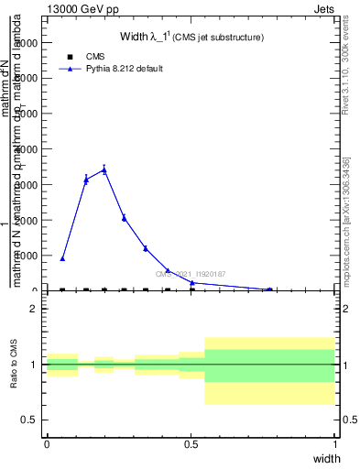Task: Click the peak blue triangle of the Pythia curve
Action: [x=104, y=169]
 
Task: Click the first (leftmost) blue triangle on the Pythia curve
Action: [x=62, y=258]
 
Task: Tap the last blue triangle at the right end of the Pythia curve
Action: [x=269, y=289]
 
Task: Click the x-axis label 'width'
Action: [x=326, y=457]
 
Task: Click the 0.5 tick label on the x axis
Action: [x=191, y=442]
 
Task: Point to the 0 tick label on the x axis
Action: [x=47, y=442]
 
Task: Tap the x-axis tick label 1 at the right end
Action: [x=335, y=442]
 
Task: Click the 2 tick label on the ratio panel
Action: [x=33, y=309]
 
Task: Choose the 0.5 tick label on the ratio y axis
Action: [x=29, y=420]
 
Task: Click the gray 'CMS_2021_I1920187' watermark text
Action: [x=191, y=273]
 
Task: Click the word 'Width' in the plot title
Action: [x=135, y=37]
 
